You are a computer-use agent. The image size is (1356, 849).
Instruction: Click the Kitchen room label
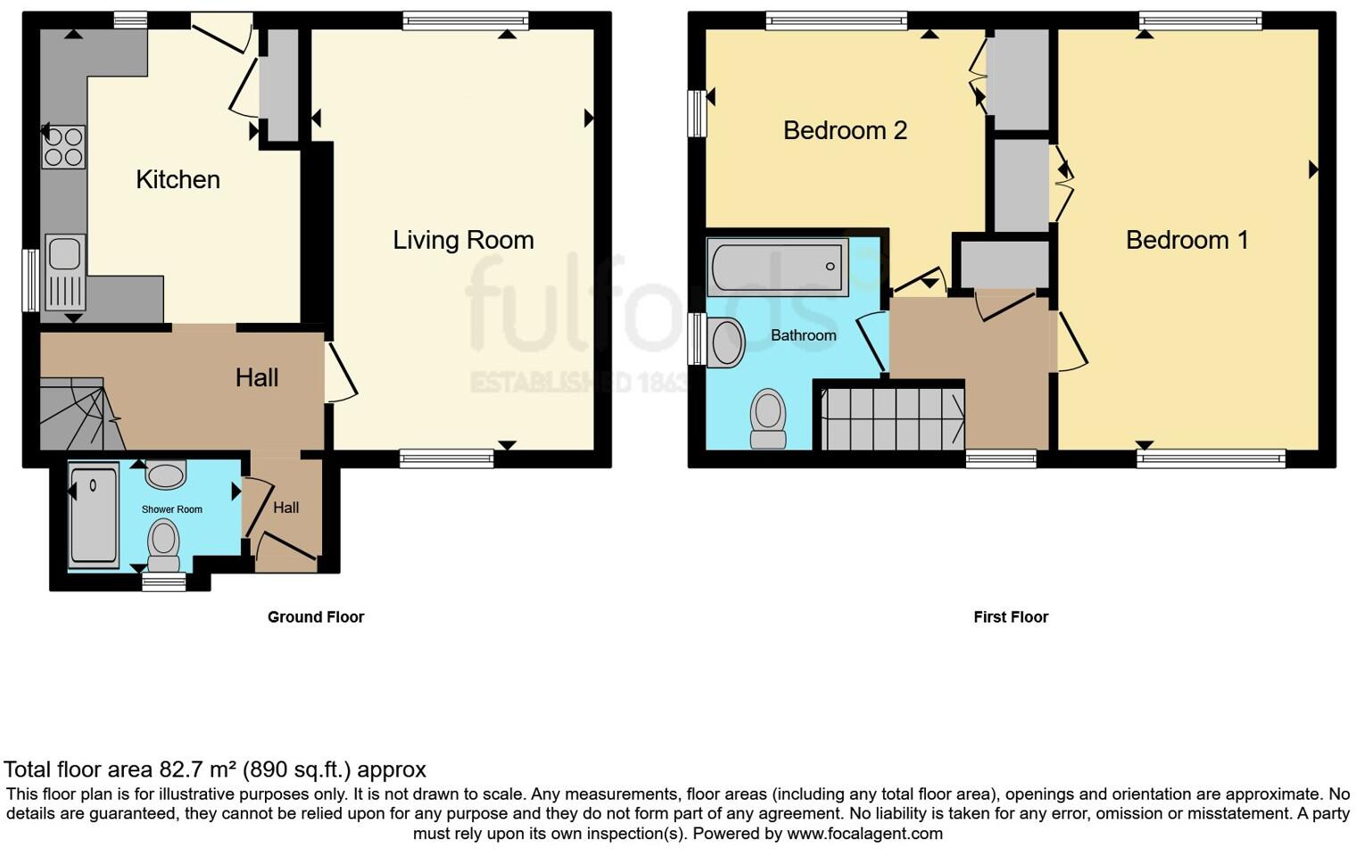tap(178, 179)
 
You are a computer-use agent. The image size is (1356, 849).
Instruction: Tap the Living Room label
tap(463, 240)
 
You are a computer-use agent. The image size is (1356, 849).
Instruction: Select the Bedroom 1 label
tap(1186, 240)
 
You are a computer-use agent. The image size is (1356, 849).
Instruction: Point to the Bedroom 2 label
tap(845, 131)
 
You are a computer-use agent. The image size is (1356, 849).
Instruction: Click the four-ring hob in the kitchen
tap(63, 147)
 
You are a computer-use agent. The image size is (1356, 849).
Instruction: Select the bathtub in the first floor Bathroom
tap(778, 267)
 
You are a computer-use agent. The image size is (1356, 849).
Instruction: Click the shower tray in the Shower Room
tap(94, 515)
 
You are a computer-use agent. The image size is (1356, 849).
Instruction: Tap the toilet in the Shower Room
tap(163, 545)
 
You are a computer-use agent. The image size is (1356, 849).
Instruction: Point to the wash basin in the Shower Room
tap(165, 474)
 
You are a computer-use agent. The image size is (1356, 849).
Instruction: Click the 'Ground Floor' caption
tap(316, 617)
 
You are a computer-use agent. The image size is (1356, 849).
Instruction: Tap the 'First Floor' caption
tap(1011, 617)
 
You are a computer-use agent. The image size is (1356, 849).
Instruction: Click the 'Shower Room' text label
tap(172, 509)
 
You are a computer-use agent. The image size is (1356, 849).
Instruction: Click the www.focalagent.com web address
tap(864, 834)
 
